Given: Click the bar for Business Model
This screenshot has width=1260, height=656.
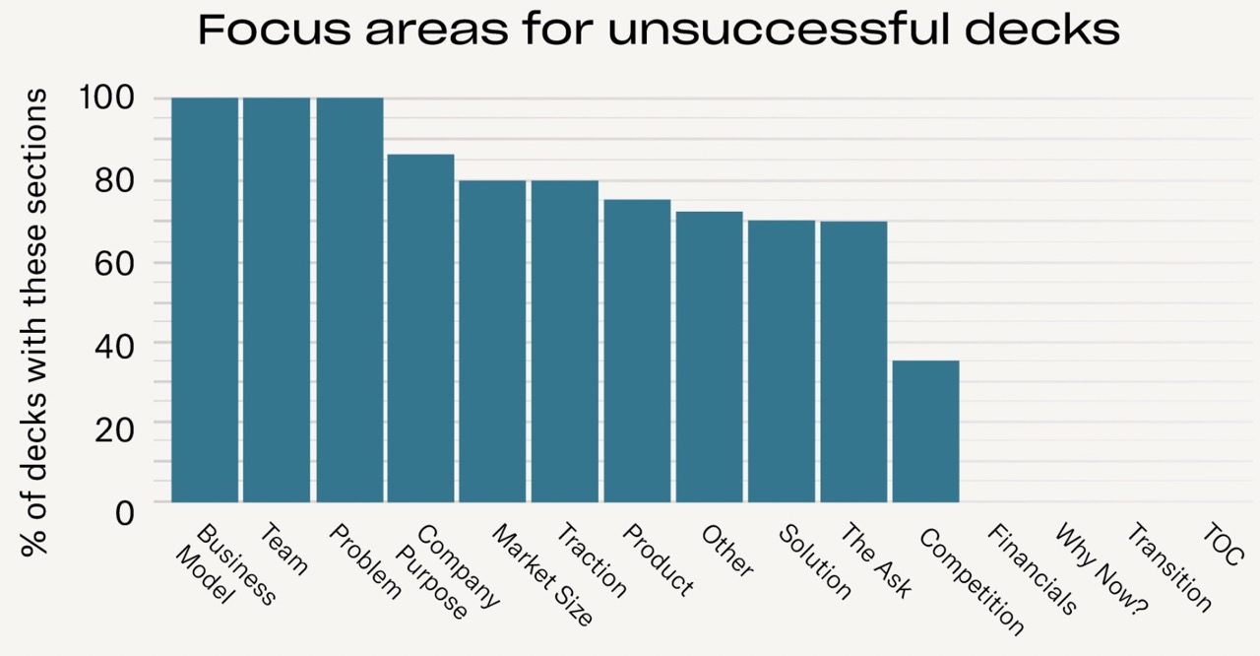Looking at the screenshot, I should [x=205, y=300].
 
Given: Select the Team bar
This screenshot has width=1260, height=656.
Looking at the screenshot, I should [x=277, y=300].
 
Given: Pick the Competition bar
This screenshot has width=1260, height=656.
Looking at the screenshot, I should [x=925, y=431].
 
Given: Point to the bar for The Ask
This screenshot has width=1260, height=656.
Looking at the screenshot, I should [x=853, y=361].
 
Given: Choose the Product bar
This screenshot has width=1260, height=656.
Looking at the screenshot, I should [x=637, y=351].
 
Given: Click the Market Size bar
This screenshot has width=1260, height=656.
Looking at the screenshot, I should [x=492, y=341].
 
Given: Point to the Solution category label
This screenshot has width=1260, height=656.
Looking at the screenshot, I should [x=815, y=560].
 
